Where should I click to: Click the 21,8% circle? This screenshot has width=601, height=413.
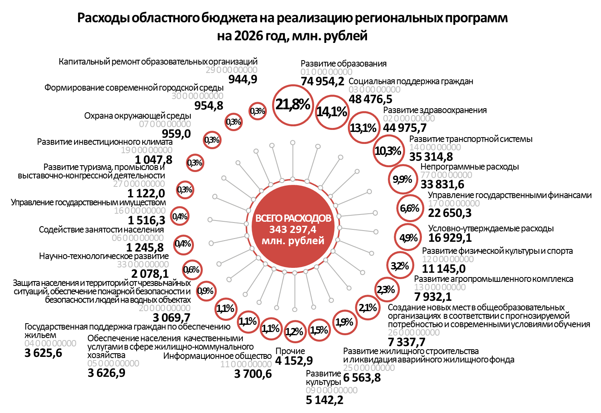point(293,105)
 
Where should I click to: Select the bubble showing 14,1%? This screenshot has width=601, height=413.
point(332,112)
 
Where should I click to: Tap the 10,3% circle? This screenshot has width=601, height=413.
point(388,151)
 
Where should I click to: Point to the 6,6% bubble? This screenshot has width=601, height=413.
point(409,209)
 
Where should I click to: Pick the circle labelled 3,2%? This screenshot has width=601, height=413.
point(400,266)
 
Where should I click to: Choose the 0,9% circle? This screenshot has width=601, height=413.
point(206,291)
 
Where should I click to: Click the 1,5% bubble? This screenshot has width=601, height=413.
point(319,330)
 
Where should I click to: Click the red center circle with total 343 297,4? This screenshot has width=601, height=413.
point(293,229)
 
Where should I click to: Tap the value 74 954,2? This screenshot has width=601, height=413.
point(323,81)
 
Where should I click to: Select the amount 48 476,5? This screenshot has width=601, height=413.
point(371,99)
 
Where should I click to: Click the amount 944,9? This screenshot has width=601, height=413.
point(243,79)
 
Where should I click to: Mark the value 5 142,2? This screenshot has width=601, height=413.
point(325,400)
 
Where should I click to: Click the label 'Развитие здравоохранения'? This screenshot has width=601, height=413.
point(435,110)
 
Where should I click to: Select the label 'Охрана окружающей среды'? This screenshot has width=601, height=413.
point(137,116)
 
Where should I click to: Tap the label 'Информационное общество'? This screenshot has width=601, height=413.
point(217,356)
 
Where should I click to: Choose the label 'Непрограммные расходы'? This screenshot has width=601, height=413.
point(470,167)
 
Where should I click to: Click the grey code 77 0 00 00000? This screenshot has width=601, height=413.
point(446,175)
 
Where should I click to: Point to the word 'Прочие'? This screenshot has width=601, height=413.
point(290,351)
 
